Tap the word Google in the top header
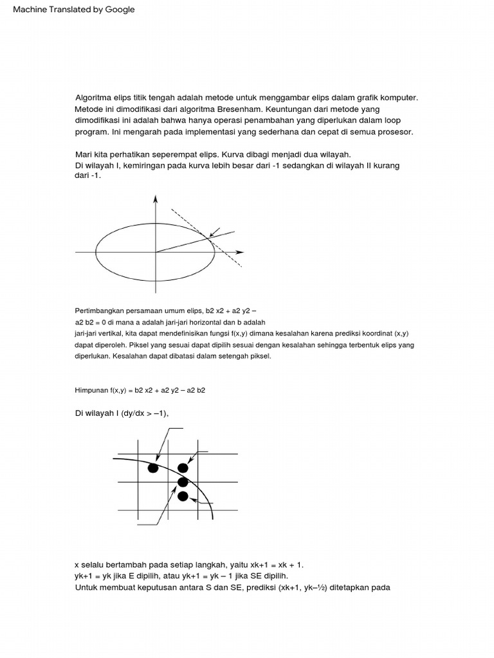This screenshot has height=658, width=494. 119,10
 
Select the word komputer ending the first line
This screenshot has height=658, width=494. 397,98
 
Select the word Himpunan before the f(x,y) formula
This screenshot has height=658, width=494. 93,390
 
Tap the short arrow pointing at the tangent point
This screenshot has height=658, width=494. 215,231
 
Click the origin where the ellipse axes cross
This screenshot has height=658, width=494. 155,251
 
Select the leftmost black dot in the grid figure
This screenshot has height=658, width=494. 153,468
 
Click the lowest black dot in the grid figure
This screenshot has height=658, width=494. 183,495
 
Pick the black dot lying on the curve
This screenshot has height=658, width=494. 183,482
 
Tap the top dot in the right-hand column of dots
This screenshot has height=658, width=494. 183,468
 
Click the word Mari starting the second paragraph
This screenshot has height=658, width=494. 84,155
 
